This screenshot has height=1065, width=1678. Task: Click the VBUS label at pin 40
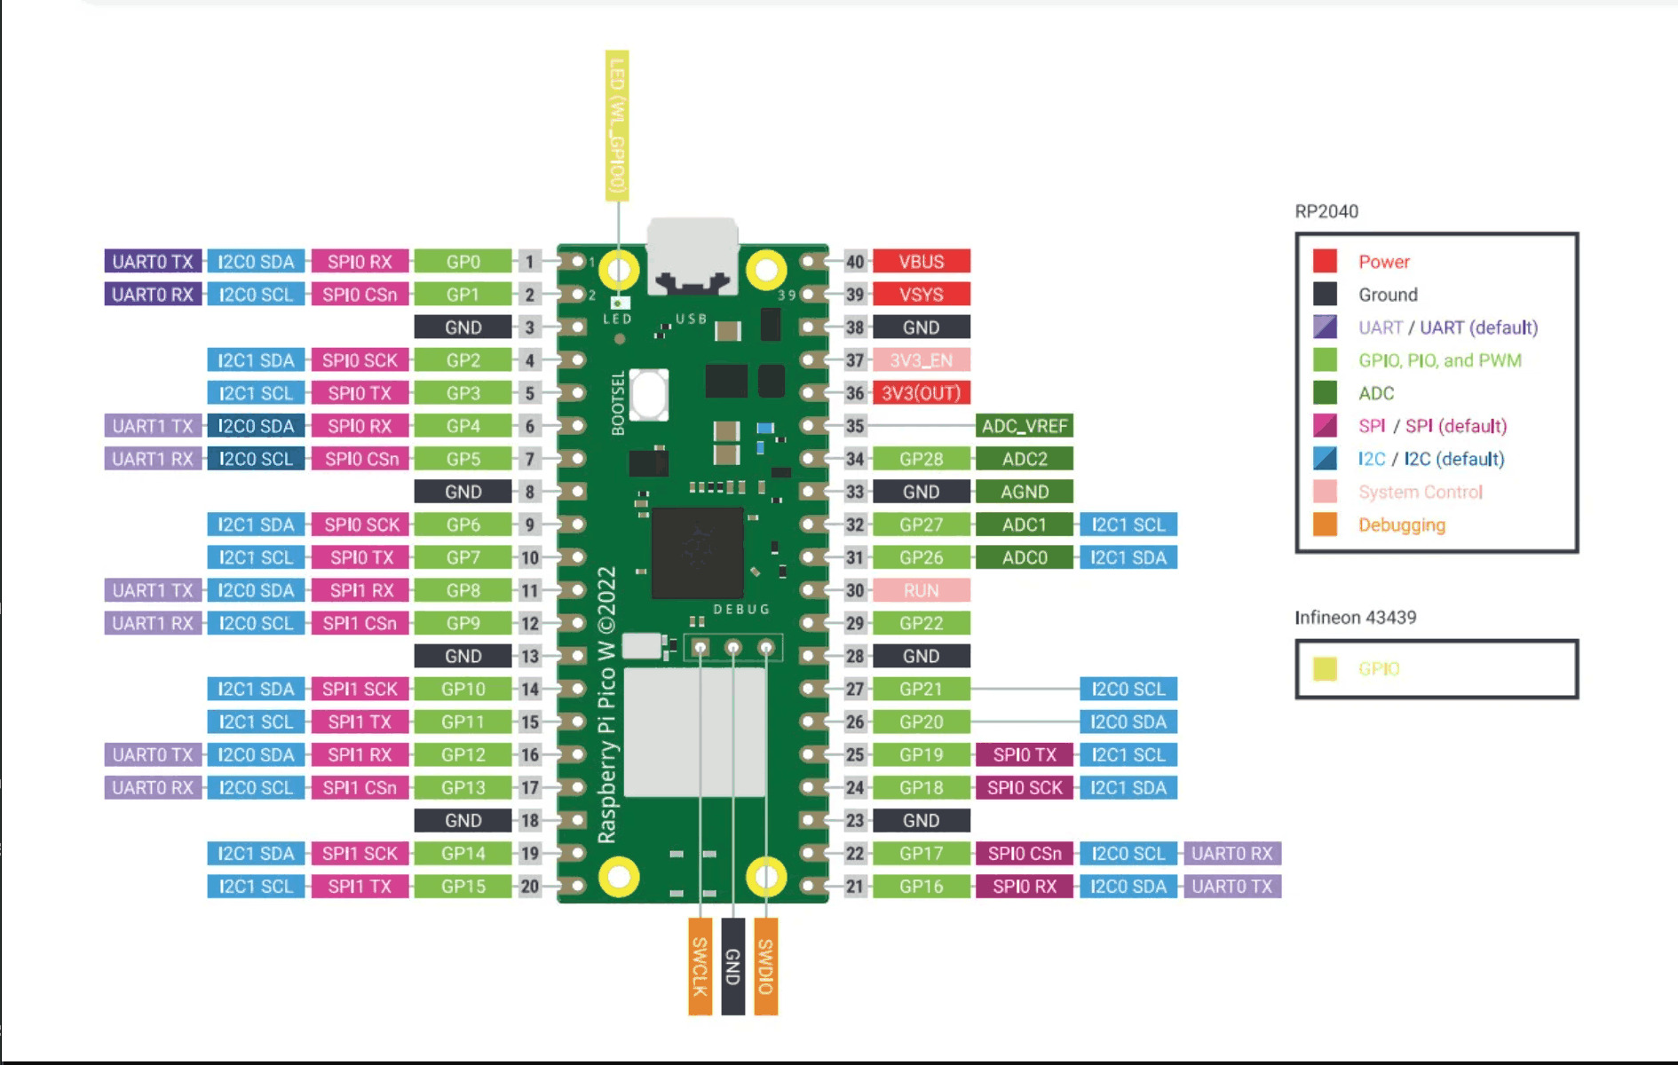921,262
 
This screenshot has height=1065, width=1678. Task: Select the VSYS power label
921,295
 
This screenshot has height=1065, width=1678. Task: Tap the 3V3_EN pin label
921,360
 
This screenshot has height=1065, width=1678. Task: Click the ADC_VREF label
1024,426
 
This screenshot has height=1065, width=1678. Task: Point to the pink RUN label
921,590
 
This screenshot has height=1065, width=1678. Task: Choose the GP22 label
921,623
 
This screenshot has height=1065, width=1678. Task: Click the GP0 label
463,262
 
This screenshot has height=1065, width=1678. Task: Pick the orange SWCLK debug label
700,966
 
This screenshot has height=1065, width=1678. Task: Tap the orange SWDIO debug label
765,966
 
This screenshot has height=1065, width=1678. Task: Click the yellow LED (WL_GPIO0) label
617,125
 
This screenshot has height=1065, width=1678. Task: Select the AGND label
1024,492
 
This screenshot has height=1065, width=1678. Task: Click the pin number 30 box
854,590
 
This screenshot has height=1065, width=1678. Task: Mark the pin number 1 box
530,262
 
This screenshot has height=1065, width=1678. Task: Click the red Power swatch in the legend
1325,261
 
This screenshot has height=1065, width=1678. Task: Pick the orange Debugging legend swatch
1325,525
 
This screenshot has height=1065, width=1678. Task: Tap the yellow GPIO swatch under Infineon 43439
1325,668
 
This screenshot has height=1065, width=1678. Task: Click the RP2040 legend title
1326,211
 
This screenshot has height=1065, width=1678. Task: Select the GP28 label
921,459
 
